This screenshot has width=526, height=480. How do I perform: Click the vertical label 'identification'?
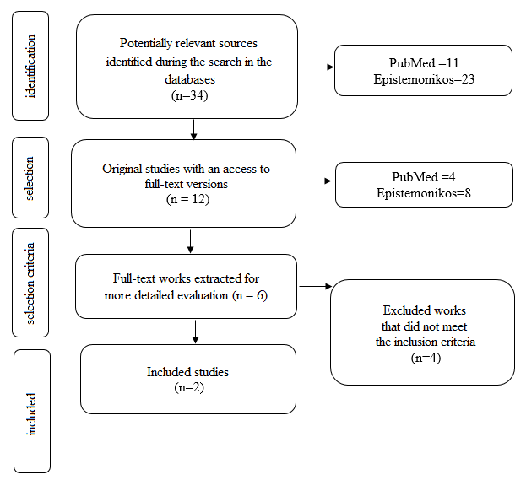point(30,66)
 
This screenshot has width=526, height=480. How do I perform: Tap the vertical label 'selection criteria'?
point(30,283)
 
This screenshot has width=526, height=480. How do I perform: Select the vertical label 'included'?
point(31,414)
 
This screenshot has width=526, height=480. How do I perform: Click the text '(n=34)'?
point(189,95)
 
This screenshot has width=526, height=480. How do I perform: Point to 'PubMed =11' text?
point(424,63)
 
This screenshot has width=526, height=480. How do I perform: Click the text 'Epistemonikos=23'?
point(424,79)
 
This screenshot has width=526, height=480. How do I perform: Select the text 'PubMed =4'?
point(423,176)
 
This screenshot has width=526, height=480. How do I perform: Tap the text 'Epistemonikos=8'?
point(423,193)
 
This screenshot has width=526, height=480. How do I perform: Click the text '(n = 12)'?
point(187,199)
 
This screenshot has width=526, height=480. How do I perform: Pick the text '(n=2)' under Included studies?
point(189,387)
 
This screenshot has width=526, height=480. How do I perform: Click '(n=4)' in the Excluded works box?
point(426,358)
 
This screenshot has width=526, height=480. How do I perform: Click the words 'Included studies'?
point(187,372)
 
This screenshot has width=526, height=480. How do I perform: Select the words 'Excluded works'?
point(425,310)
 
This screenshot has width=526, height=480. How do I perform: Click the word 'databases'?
point(190,79)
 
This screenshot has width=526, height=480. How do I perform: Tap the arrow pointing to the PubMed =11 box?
point(317,67)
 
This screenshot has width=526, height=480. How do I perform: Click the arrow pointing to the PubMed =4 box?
point(315,181)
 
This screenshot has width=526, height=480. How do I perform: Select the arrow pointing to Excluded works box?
point(316,286)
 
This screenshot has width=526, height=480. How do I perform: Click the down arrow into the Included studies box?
point(195,332)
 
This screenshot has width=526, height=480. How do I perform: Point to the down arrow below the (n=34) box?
point(193,130)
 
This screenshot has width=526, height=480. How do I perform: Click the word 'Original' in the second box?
point(122,169)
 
